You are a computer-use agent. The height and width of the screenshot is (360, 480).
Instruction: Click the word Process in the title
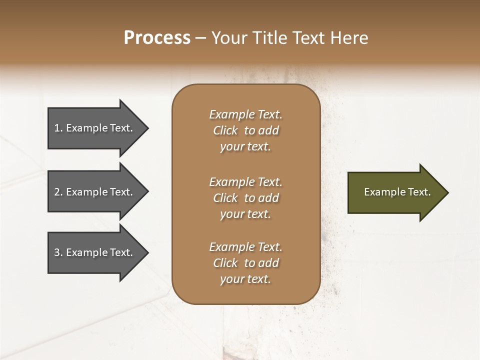point(157,38)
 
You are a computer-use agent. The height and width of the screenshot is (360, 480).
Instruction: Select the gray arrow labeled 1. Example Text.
point(95,128)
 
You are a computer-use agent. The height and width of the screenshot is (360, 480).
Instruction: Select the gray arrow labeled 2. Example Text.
point(95,192)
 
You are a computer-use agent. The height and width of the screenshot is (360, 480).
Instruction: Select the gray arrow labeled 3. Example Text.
point(95,252)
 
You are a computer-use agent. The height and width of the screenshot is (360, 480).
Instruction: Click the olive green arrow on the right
point(395,192)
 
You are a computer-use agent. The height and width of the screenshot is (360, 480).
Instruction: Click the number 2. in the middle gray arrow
point(58,192)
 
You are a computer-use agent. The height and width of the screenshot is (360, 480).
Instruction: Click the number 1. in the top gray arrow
point(58,128)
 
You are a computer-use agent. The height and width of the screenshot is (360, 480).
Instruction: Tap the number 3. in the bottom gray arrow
point(58,252)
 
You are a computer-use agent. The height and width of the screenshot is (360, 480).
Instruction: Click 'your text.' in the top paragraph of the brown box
point(245,147)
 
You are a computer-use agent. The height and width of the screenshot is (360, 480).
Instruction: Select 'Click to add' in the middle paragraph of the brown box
point(245,198)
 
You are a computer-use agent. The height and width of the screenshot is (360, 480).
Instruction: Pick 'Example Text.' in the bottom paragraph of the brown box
point(245,247)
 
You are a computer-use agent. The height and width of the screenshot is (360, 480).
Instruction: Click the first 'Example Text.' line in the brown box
point(245,114)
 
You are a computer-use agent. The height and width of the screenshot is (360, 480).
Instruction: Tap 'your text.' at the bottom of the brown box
point(245,279)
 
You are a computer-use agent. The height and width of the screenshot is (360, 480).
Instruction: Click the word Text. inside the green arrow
point(419,192)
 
